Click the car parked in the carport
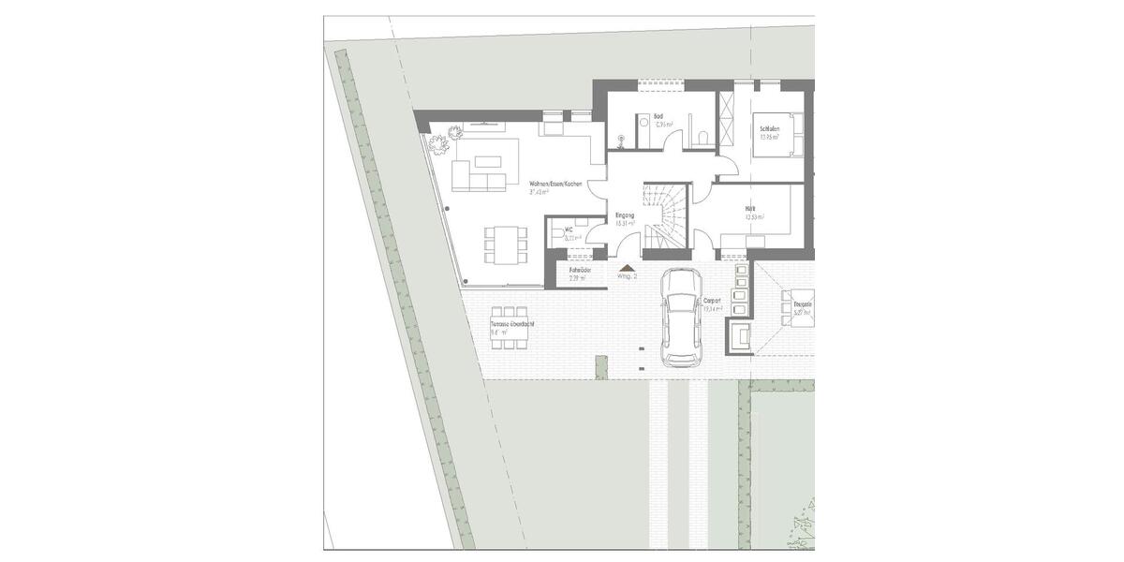coord(681,318)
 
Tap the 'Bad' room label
coord(658,117)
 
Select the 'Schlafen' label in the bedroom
coord(770,128)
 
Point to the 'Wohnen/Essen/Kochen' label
coord(555,185)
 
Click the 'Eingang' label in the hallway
coord(625,216)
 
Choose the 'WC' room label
coord(569,229)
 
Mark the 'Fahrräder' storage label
coord(580,270)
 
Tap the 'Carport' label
coord(712,302)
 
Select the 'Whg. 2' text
coord(627,277)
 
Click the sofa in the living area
coord(479,177)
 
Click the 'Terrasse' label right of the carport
coord(802,304)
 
